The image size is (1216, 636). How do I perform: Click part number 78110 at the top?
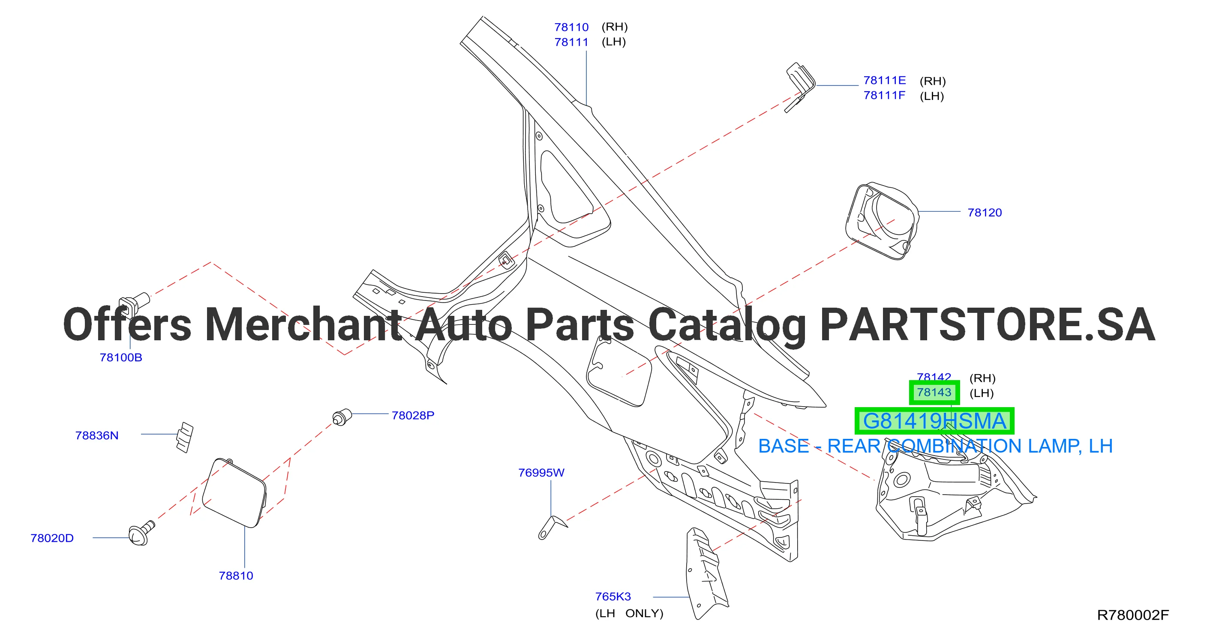point(571,27)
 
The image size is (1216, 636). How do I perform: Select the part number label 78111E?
point(884,81)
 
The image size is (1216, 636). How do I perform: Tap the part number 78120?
point(984,213)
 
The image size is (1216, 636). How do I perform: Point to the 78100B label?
point(120,358)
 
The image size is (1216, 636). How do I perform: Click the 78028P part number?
point(413,416)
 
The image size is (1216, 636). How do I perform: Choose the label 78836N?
point(97,436)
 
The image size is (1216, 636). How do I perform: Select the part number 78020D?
point(52,538)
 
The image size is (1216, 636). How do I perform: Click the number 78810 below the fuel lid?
point(236,576)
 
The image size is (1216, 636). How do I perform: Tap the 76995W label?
point(541,473)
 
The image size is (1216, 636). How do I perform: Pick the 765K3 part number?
point(613,597)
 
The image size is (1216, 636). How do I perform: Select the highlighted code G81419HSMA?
point(934,421)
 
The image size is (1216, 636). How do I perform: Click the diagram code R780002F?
point(1132,615)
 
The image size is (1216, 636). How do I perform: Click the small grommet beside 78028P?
point(342,417)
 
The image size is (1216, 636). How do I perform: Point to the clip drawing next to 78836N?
point(185,437)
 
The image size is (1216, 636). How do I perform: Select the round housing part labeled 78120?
point(882,221)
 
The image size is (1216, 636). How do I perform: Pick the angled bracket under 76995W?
point(552,527)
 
